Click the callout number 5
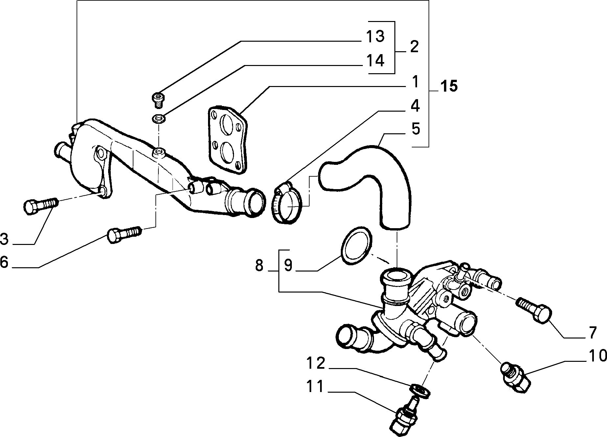tap(416, 129)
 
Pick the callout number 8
tap(259, 265)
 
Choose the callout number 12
tap(316, 363)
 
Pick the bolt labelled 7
tap(534, 309)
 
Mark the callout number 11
tap(316, 387)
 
